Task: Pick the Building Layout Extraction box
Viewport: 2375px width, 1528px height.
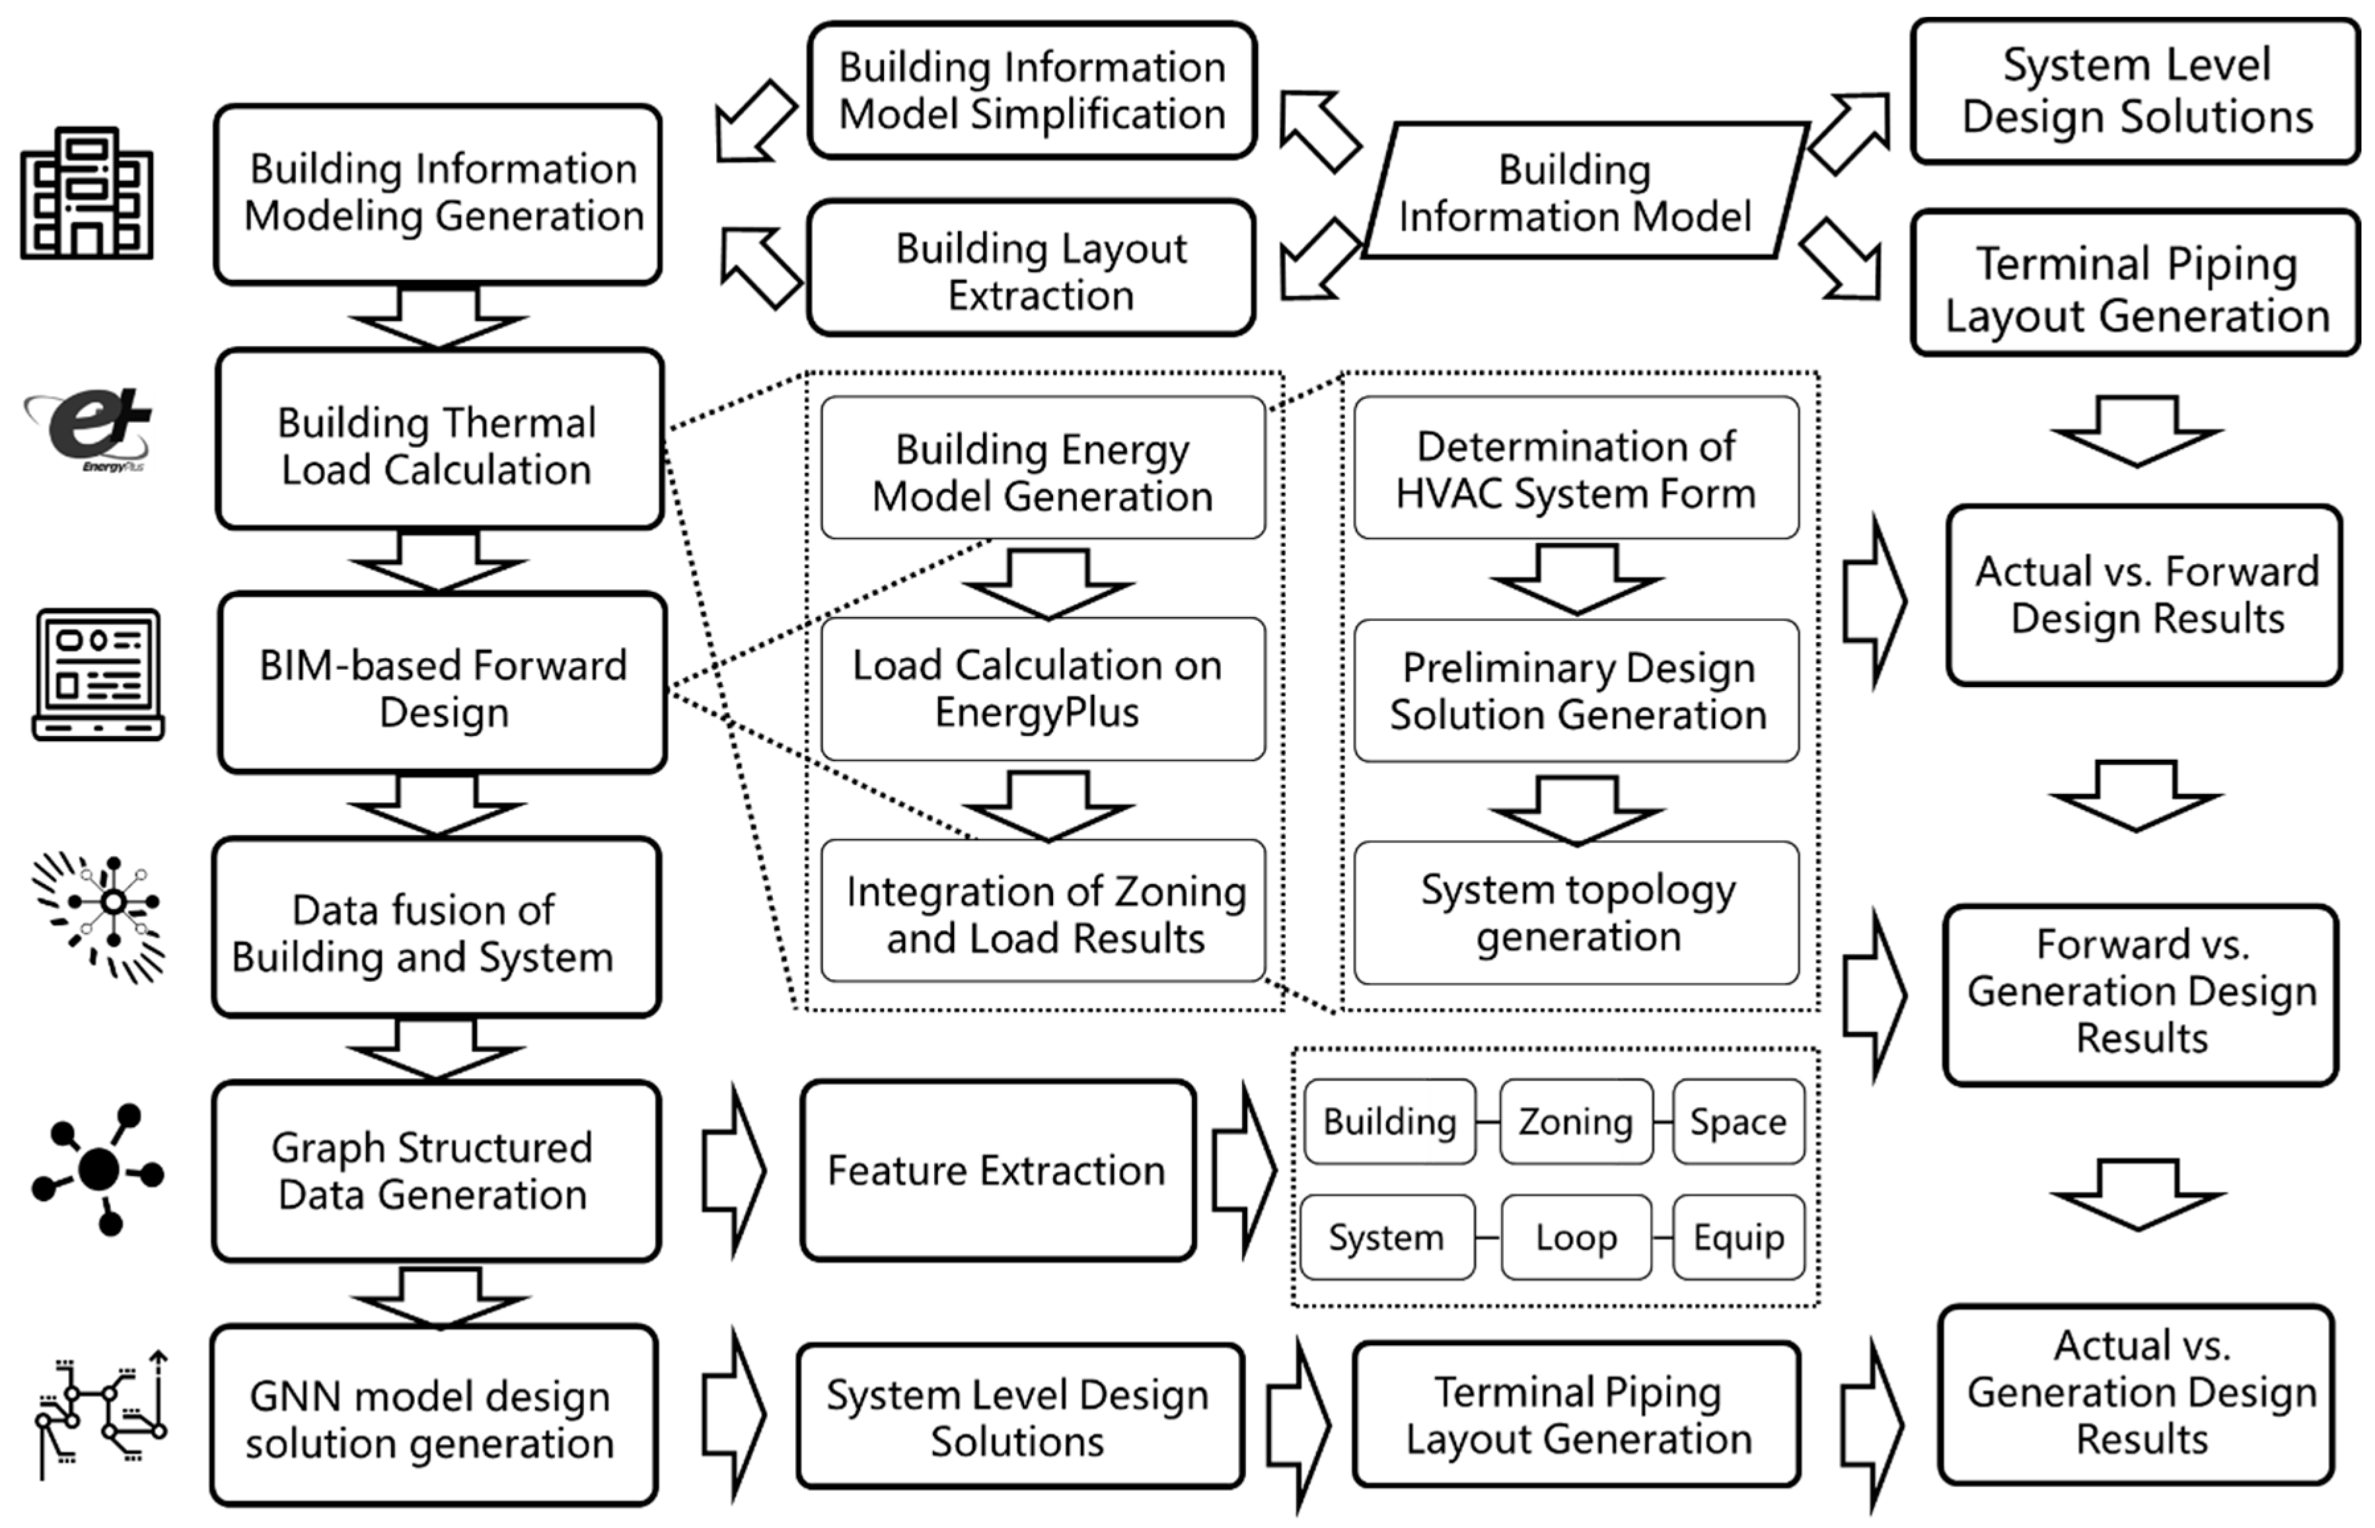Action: pos(1032,270)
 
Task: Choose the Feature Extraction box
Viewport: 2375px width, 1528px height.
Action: pos(997,1171)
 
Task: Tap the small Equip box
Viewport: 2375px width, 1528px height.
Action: pos(1738,1238)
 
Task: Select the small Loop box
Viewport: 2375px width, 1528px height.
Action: pos(1576,1238)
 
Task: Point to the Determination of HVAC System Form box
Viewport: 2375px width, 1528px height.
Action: pos(1576,469)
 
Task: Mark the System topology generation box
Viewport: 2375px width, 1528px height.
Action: pos(1576,913)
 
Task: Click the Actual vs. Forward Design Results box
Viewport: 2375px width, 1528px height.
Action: pos(2145,595)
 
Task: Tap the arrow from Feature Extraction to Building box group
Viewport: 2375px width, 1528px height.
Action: pos(1242,1171)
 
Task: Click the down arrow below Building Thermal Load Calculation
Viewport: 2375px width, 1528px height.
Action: pos(437,562)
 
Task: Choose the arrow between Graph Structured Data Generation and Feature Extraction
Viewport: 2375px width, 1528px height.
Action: pos(732,1171)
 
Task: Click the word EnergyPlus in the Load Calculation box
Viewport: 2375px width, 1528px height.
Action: pos(1036,712)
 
